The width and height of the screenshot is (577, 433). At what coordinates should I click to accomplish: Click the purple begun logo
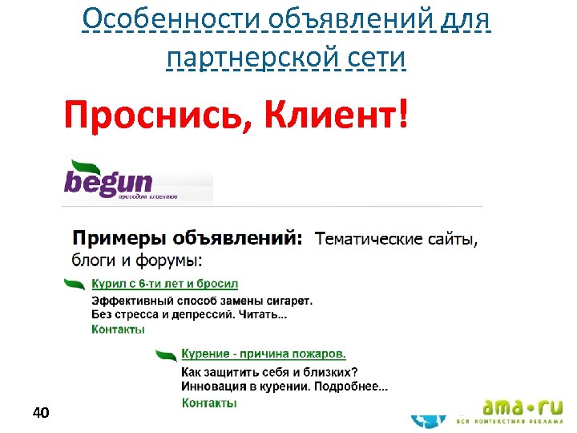109,179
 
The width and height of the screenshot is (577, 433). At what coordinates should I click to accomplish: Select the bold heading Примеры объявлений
188,238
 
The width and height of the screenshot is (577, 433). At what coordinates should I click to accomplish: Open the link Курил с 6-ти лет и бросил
164,284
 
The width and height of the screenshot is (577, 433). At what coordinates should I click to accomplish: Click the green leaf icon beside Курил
75,284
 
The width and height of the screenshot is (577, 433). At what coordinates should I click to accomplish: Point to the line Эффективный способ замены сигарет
202,301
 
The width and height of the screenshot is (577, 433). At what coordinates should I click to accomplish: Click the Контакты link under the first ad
118,330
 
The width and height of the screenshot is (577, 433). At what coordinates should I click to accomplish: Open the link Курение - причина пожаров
264,354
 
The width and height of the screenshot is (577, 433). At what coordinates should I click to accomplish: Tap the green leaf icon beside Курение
167,354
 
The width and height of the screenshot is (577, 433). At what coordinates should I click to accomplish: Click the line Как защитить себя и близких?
269,372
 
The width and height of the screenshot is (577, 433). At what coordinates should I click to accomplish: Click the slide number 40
41,413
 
